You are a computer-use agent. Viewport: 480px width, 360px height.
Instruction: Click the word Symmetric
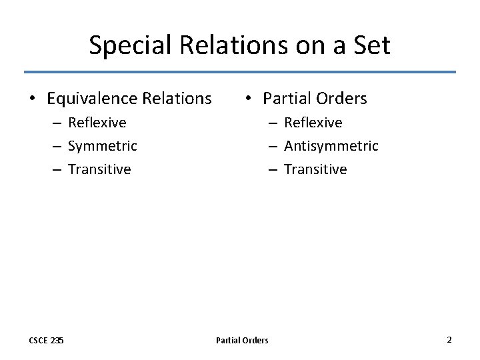[102, 145]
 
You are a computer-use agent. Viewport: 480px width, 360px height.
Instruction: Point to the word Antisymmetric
[331, 145]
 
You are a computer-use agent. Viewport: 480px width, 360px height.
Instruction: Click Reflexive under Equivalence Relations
[97, 123]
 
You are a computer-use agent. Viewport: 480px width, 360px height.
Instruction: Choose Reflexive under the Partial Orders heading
[313, 123]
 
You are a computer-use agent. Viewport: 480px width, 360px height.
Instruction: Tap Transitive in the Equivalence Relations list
[99, 169]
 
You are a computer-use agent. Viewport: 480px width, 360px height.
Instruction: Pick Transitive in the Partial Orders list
[315, 169]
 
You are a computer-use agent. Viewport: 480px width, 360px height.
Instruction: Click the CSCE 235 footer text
[47, 340]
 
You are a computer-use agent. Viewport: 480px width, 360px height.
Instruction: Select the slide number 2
[449, 339]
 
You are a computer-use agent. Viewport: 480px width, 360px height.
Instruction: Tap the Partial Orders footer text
[242, 340]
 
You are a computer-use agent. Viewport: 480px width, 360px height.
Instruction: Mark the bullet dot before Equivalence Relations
[32, 99]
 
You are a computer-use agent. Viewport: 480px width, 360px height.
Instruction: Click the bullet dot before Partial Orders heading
[247, 99]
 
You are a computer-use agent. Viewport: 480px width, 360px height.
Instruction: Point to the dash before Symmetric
[58, 146]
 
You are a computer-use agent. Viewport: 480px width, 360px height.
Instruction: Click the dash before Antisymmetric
[273, 146]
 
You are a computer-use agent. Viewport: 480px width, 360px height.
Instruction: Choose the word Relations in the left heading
[176, 99]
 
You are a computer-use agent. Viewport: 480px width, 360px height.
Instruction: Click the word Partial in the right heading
[287, 99]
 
